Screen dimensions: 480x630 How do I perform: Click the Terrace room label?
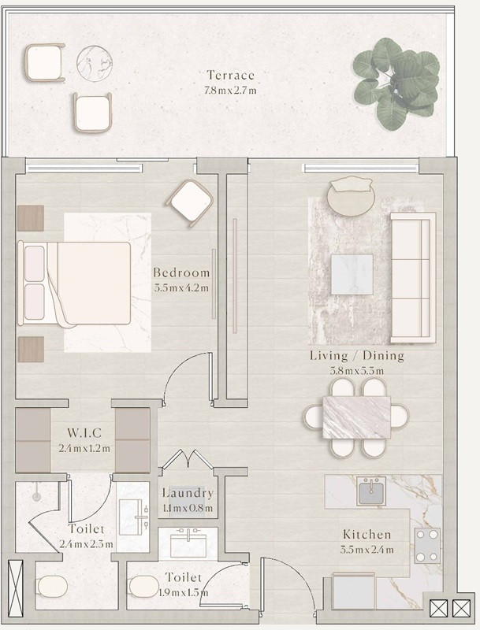[x=231, y=75]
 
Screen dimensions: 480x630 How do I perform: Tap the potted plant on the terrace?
[x=396, y=83]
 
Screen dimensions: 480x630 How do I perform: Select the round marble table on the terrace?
[x=95, y=64]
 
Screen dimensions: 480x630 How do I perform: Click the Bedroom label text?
[x=181, y=272]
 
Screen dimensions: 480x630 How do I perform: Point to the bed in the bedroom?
[x=74, y=283]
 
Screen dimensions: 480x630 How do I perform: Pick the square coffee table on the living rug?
[x=352, y=274]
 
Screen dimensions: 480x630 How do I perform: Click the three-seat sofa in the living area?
[x=413, y=278]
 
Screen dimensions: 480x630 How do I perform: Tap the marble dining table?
[x=356, y=417]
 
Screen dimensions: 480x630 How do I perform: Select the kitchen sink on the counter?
[x=371, y=491]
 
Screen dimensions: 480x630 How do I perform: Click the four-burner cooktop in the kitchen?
[x=427, y=546]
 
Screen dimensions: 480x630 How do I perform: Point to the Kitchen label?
[x=367, y=535]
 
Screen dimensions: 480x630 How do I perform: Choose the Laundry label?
[x=188, y=493]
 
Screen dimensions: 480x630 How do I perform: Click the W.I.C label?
[x=84, y=432]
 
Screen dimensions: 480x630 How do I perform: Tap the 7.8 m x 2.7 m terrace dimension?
[x=230, y=90]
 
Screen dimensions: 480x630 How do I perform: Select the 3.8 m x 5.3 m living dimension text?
[x=357, y=371]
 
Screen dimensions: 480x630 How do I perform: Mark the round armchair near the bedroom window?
[x=190, y=203]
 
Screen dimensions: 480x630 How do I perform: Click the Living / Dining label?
[x=357, y=356]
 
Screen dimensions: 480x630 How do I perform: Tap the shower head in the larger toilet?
[x=36, y=497]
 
